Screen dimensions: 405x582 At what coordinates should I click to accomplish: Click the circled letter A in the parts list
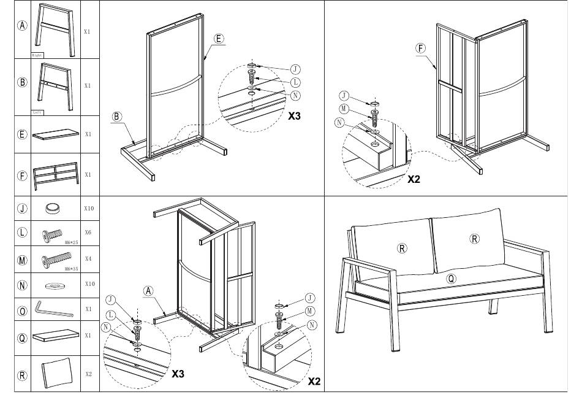[23, 26]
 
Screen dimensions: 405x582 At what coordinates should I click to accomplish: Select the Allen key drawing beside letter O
[54, 309]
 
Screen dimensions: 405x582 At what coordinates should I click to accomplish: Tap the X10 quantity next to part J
[89, 209]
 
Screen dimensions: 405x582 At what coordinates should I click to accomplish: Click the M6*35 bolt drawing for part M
[56, 260]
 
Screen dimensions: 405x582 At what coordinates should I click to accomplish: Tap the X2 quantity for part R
[89, 373]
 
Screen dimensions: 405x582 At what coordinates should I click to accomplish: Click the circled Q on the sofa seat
[452, 278]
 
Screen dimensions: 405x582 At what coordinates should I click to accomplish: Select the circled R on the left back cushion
[402, 248]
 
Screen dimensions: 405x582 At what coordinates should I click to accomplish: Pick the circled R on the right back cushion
[474, 239]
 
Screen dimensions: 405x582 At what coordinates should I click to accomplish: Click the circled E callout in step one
[219, 39]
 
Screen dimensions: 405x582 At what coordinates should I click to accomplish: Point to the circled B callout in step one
[117, 117]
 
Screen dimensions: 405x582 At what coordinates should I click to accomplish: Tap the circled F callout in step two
[420, 48]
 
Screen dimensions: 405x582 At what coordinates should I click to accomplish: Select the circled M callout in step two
[344, 109]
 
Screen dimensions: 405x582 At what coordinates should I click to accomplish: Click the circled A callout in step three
[148, 290]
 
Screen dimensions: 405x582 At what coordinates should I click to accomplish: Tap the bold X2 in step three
[314, 381]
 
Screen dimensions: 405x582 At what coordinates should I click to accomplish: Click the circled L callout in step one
[295, 82]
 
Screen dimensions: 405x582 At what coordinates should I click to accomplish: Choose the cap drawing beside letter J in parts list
[55, 209]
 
